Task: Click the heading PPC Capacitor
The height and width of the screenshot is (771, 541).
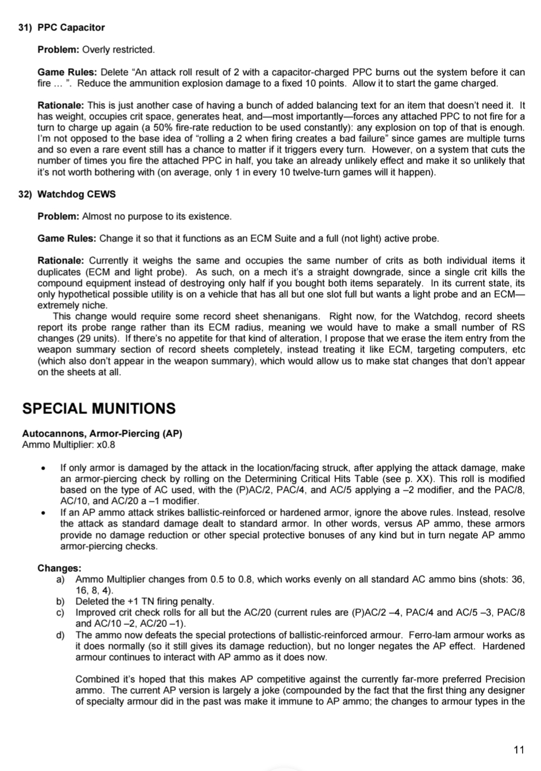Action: coord(71,27)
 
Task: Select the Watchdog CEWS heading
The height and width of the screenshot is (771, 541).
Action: coord(76,194)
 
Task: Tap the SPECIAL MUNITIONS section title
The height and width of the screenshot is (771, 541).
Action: coord(99,409)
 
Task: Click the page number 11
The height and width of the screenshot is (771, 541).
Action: coord(519,750)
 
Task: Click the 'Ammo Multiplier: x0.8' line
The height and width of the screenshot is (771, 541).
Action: coord(68,445)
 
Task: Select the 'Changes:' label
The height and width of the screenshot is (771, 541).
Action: coord(59,569)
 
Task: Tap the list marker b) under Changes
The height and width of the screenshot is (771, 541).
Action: coord(61,601)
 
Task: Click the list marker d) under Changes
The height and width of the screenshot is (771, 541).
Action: coord(61,635)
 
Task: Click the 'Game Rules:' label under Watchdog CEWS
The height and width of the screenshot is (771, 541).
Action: coord(67,238)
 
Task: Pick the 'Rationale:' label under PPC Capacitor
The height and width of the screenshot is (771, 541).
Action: coord(61,105)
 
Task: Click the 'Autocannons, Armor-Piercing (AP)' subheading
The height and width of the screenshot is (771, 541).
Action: coord(102,433)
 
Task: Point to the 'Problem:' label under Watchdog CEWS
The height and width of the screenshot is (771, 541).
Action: coord(58,216)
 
